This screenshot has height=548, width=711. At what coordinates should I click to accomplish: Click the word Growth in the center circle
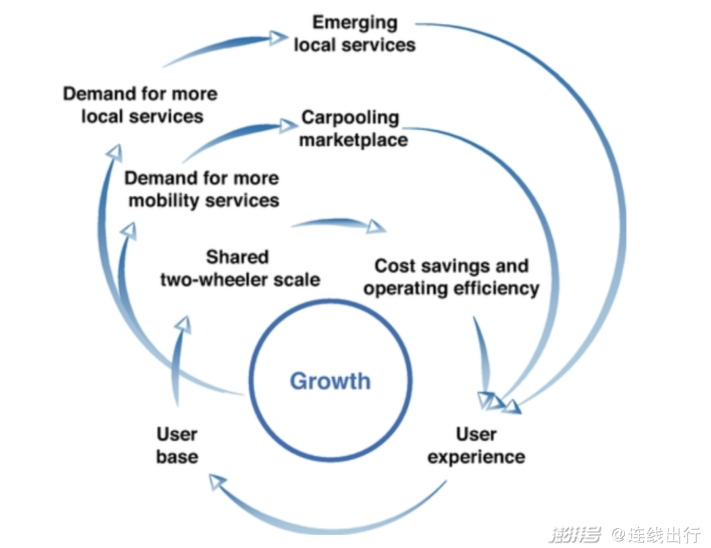pos(330,381)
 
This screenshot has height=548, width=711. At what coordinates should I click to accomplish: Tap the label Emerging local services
pos(355,34)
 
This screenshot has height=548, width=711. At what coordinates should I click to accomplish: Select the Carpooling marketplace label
pos(354,128)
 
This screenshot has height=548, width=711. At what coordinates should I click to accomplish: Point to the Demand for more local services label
pos(141,105)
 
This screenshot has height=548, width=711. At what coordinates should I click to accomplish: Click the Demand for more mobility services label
pos(202,189)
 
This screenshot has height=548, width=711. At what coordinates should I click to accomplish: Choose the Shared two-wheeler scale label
pos(240,268)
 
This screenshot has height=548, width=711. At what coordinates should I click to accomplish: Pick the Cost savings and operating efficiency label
pos(452,277)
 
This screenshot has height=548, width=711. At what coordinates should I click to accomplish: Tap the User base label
pos(177,445)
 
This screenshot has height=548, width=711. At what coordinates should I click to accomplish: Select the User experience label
pos(476,445)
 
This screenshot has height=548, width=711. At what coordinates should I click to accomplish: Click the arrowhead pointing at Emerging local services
pos(278,37)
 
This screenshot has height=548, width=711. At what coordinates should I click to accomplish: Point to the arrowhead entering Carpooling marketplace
pos(288,124)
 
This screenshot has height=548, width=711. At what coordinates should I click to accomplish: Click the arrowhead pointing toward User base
pos(218,481)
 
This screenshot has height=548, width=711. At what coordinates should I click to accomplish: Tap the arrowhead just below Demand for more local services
pos(115,152)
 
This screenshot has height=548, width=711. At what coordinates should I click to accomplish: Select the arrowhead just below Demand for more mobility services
pos(129,231)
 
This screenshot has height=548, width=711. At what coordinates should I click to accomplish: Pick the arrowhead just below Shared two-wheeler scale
pos(183,325)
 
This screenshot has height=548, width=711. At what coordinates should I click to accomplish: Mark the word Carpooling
pos(350,118)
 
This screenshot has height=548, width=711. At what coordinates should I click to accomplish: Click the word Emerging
pos(355,23)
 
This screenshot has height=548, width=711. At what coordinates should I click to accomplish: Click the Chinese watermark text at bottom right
pos(625,534)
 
